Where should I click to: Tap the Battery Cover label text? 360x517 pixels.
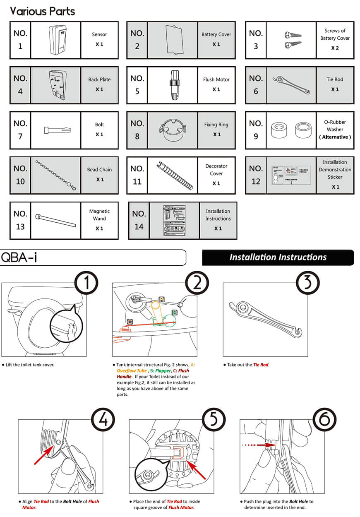[216, 35]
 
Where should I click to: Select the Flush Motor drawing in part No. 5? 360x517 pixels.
[174, 85]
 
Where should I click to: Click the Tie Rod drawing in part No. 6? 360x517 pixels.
[291, 85]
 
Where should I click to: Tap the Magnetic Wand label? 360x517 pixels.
[99, 215]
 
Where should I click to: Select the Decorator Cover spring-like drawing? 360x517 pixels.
[175, 176]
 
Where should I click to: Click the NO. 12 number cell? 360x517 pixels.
[256, 176]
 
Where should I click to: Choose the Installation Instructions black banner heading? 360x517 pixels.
[278, 257]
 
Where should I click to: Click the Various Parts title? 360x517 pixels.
[43, 11]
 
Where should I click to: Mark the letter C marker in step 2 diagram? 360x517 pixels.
[130, 321]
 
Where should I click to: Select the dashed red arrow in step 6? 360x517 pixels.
[254, 445]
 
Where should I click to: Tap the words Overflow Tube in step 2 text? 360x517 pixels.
[131, 371]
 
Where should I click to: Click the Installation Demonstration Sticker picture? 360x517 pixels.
[291, 176]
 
